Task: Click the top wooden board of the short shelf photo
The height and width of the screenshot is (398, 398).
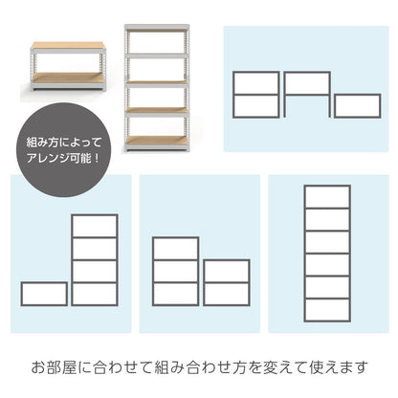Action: (x=68, y=45)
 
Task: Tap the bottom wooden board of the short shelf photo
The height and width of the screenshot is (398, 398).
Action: (x=68, y=77)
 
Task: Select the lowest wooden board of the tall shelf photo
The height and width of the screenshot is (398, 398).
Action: (x=156, y=141)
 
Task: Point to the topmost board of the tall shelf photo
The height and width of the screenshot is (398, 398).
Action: (x=156, y=28)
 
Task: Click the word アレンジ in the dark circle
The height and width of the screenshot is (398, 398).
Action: (x=48, y=158)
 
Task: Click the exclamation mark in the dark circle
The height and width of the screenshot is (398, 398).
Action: (x=97, y=158)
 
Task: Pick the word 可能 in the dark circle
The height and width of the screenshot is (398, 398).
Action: (x=80, y=158)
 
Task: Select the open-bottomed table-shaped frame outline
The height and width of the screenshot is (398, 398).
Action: (x=307, y=73)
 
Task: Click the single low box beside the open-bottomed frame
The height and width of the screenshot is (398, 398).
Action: (x=358, y=106)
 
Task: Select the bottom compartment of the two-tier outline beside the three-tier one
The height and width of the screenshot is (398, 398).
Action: (x=227, y=294)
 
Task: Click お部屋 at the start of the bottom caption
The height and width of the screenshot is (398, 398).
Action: (x=54, y=367)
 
